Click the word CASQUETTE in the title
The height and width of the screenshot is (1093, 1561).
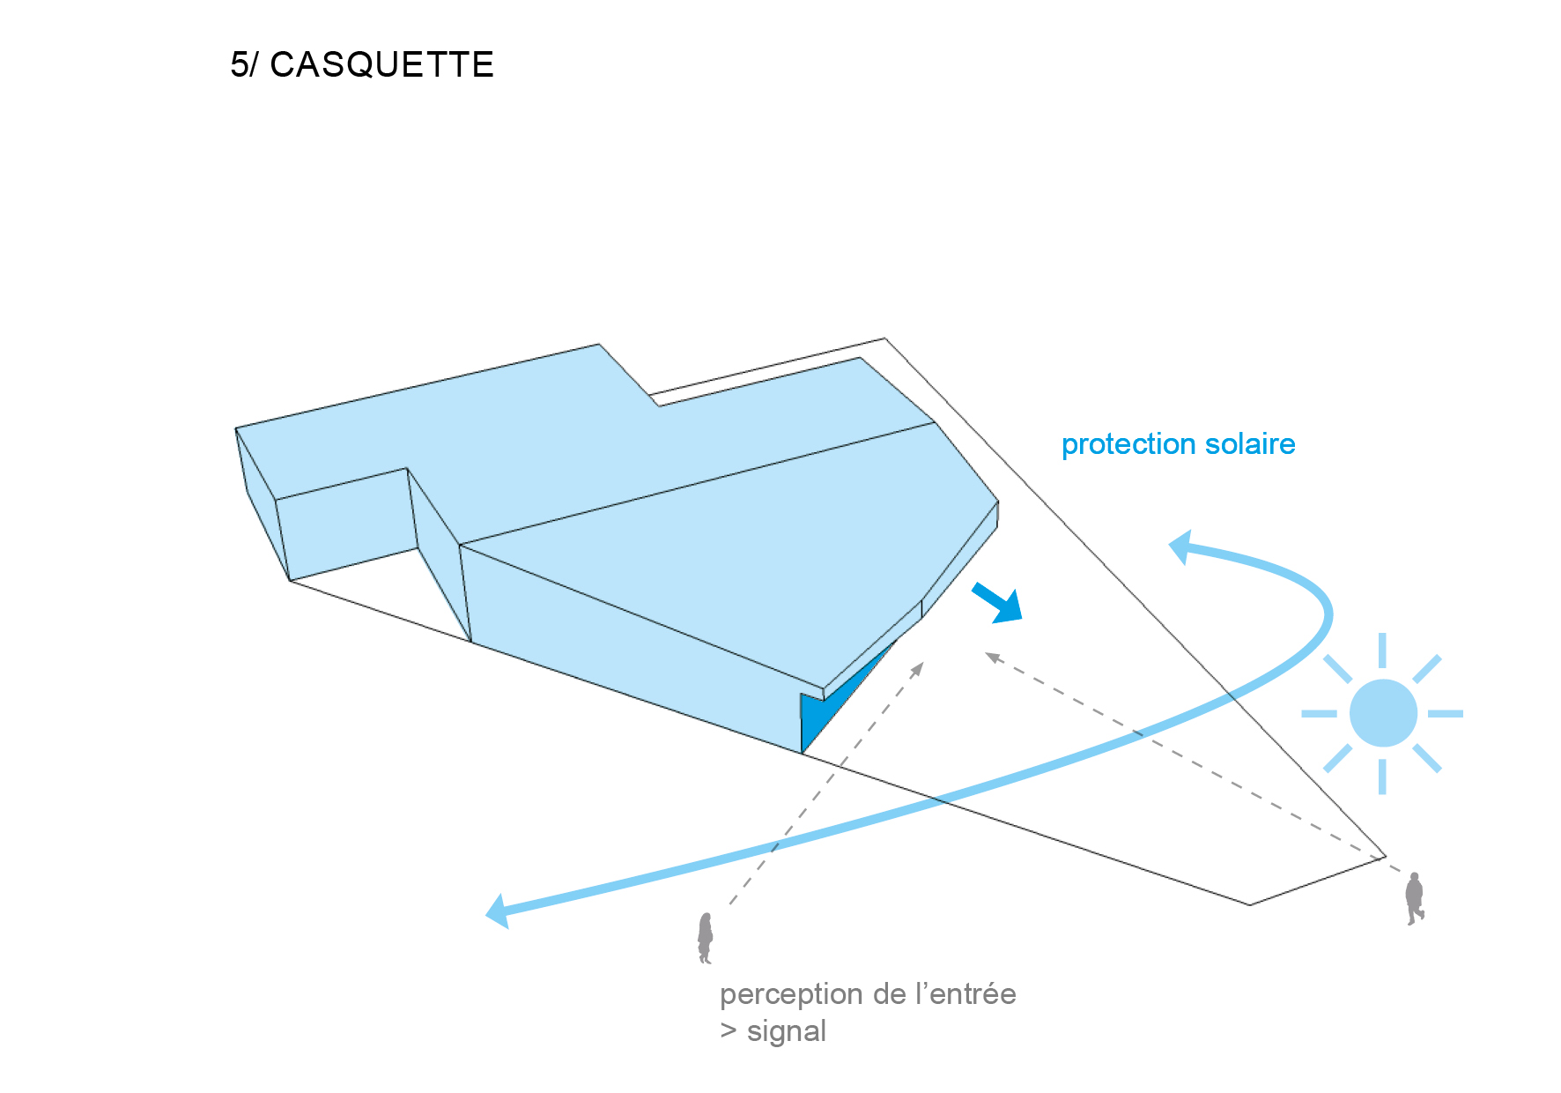(x=381, y=64)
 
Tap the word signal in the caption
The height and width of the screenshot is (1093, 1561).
(x=787, y=1032)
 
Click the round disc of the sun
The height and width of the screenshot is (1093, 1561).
(x=1383, y=713)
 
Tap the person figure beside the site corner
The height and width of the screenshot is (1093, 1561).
(x=1415, y=898)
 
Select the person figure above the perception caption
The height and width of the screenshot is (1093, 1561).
(x=706, y=938)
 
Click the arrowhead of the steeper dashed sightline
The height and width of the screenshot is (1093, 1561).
(x=919, y=667)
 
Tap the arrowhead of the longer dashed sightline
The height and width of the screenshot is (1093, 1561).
(x=992, y=657)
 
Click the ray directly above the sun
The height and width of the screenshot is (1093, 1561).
(x=1382, y=650)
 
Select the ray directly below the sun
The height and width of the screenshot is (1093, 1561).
(x=1382, y=777)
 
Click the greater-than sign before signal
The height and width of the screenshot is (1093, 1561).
(x=729, y=1031)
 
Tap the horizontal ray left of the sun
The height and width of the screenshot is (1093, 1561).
(x=1319, y=713)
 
